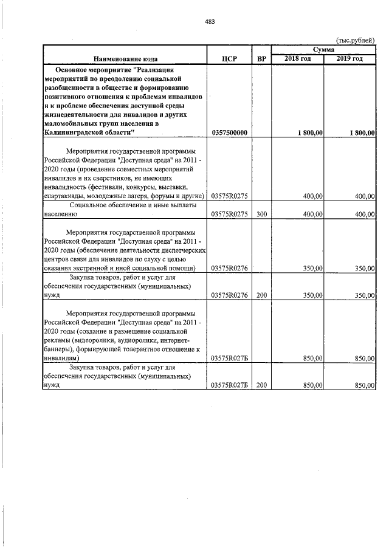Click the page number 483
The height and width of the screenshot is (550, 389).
coord(210,22)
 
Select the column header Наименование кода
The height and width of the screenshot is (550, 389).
coord(126,59)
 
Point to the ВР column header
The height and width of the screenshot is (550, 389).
coord(261,59)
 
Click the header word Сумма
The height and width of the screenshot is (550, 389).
coord(323,49)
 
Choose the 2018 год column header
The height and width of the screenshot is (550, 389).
coord(298,58)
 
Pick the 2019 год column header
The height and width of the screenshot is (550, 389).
coord(350,58)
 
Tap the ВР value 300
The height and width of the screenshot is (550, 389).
coord(261,215)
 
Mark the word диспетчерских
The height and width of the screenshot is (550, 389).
coord(184,250)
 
